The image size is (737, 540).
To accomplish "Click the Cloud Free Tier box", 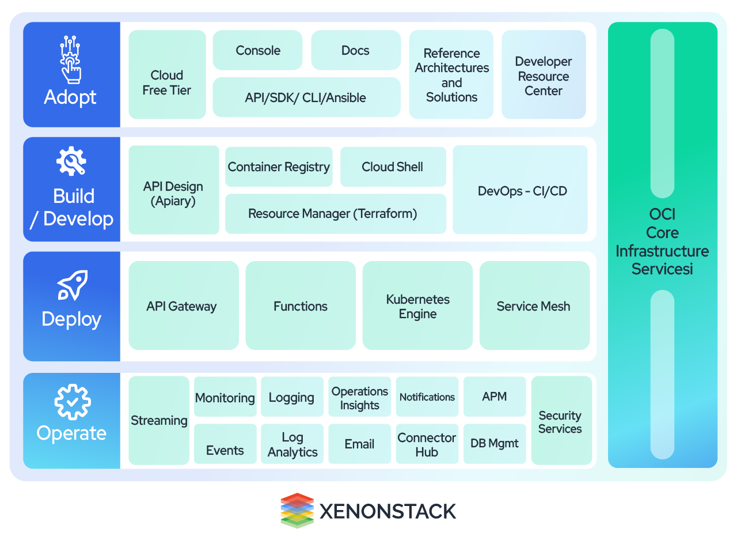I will tap(167, 75).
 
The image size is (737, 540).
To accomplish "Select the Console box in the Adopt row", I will tap(257, 51).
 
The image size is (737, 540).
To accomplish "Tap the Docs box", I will tap(355, 51).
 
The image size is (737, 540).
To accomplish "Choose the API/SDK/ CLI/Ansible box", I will tap(306, 97).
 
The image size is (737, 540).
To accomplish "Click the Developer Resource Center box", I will tap(543, 75).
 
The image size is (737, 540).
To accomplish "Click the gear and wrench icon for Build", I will tap(71, 161).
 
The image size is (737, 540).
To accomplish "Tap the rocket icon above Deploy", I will tap(72, 285).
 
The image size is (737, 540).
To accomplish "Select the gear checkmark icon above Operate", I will tap(71, 402).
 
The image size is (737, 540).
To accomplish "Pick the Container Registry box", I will tap(279, 167).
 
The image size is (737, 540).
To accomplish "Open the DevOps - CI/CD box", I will tap(522, 191).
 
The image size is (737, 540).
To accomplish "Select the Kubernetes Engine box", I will tap(417, 306).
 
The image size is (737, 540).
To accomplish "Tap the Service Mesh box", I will tap(534, 306).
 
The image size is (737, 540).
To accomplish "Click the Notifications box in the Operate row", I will tap(427, 397).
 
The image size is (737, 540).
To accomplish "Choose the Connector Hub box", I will tap(427, 444).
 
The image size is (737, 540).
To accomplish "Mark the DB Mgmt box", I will tap(494, 444).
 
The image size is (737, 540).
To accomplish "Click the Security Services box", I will tap(561, 421).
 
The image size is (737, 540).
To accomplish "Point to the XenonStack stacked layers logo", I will tap(297, 510).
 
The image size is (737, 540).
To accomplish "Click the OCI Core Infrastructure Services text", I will tap(662, 241).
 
